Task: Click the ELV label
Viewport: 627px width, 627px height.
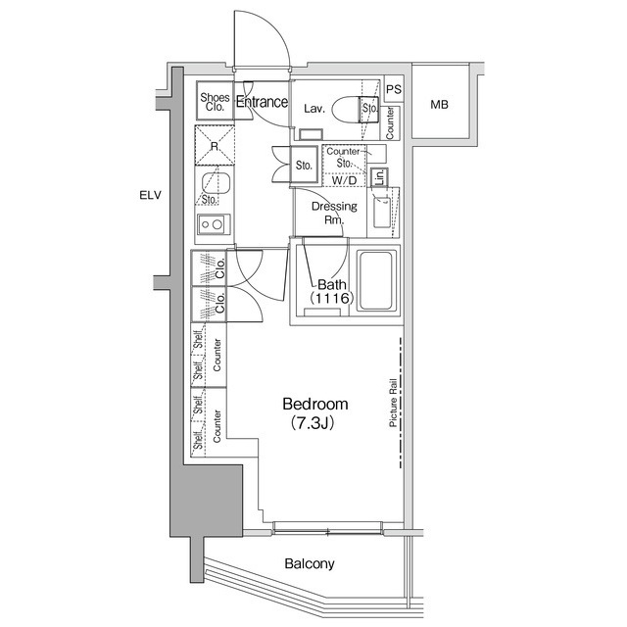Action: [x=150, y=195]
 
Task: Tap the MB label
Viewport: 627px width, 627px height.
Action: [x=440, y=105]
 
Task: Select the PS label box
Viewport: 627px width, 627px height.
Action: [x=394, y=89]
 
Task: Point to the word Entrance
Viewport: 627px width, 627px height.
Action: [x=263, y=102]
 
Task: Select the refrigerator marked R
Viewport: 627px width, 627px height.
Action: [x=214, y=147]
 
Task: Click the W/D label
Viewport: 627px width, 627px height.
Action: [x=344, y=180]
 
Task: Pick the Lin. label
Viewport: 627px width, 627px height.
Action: [x=379, y=177]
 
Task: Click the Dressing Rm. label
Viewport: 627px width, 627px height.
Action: [x=333, y=213]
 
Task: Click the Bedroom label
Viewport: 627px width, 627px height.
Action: [x=315, y=405]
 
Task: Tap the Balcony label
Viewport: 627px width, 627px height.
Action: [x=310, y=563]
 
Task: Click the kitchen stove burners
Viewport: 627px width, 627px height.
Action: [x=212, y=224]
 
